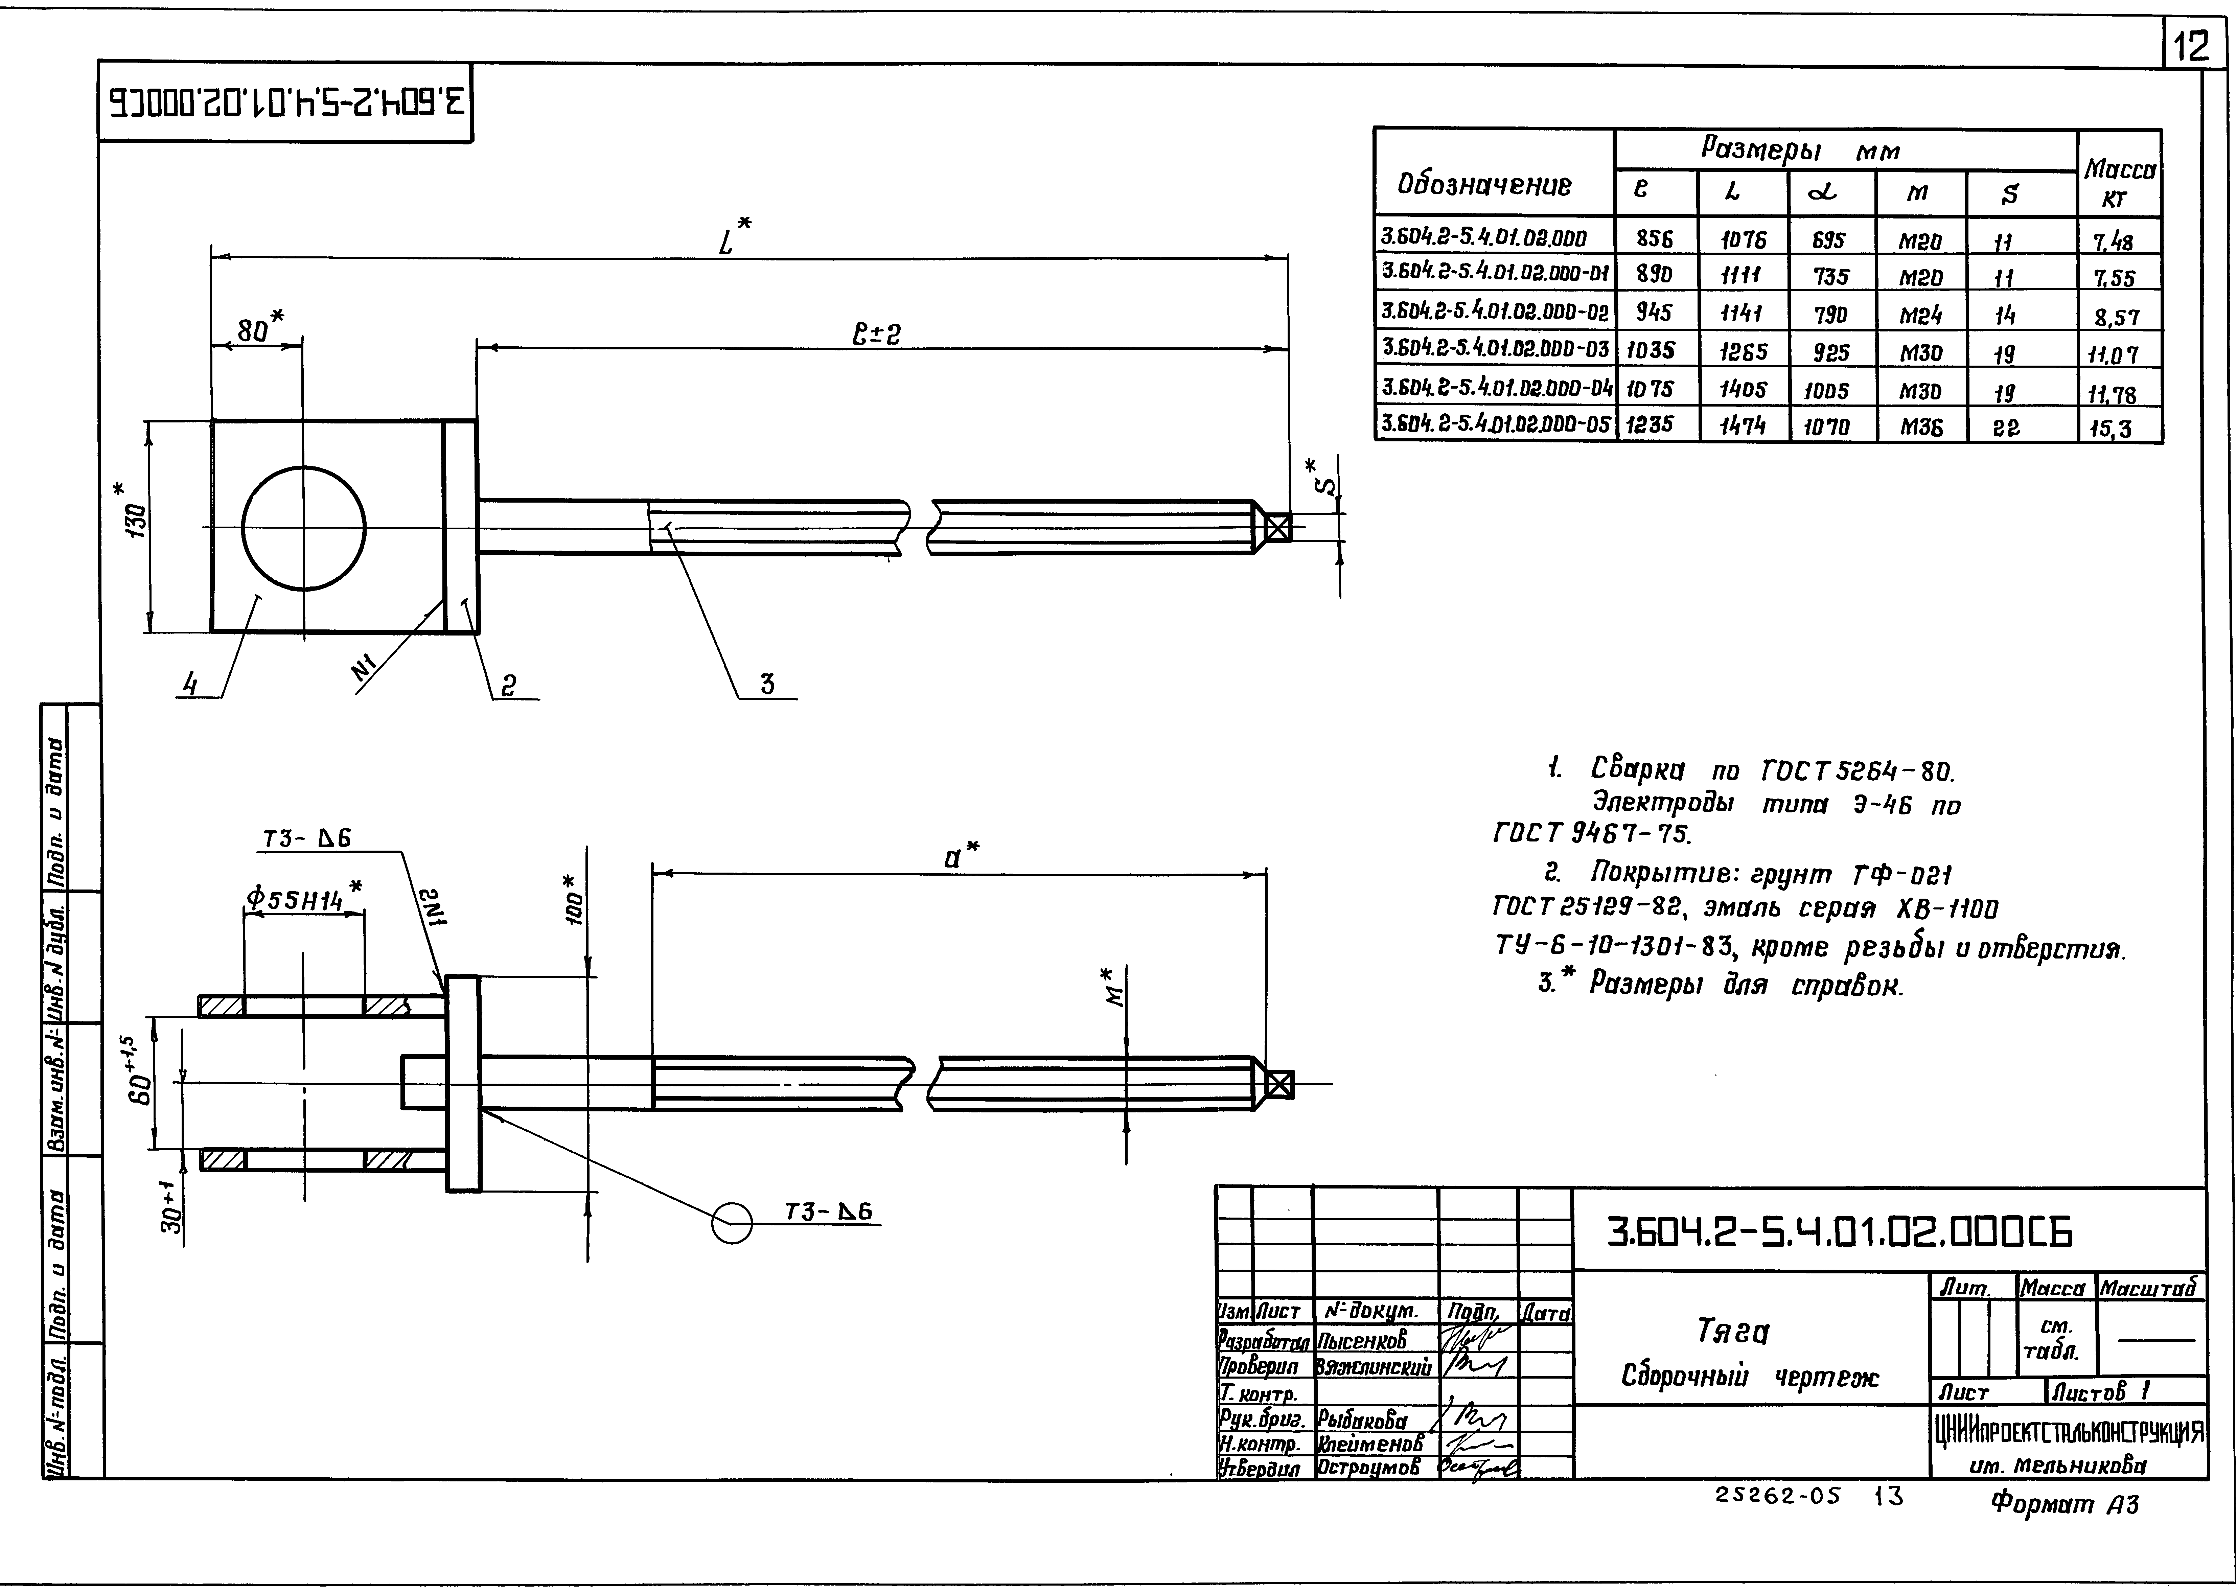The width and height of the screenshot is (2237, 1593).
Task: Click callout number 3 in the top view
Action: point(767,684)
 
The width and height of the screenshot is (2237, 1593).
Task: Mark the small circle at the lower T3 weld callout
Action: point(731,1223)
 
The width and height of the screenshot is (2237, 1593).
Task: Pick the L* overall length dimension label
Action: point(730,236)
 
